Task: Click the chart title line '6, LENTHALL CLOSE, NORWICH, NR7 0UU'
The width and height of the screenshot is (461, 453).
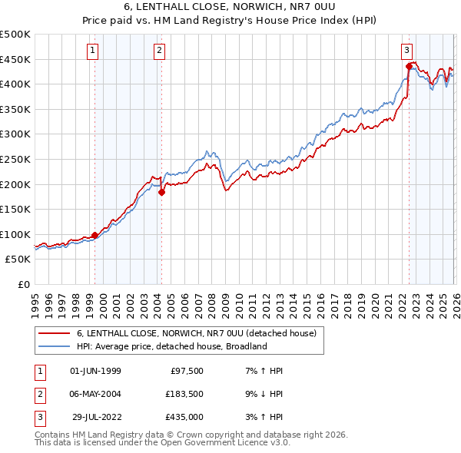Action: point(230,6)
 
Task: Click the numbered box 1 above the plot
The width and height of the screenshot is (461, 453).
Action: point(92,51)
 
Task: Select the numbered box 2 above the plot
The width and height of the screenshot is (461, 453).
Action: point(159,51)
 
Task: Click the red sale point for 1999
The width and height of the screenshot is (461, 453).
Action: point(95,236)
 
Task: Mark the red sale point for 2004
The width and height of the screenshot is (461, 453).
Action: point(161,193)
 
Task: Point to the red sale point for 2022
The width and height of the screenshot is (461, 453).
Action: point(409,67)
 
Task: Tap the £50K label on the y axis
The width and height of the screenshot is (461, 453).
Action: point(18,260)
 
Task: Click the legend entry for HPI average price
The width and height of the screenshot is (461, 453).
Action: point(171,346)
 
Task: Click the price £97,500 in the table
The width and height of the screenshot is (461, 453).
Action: point(184,371)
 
